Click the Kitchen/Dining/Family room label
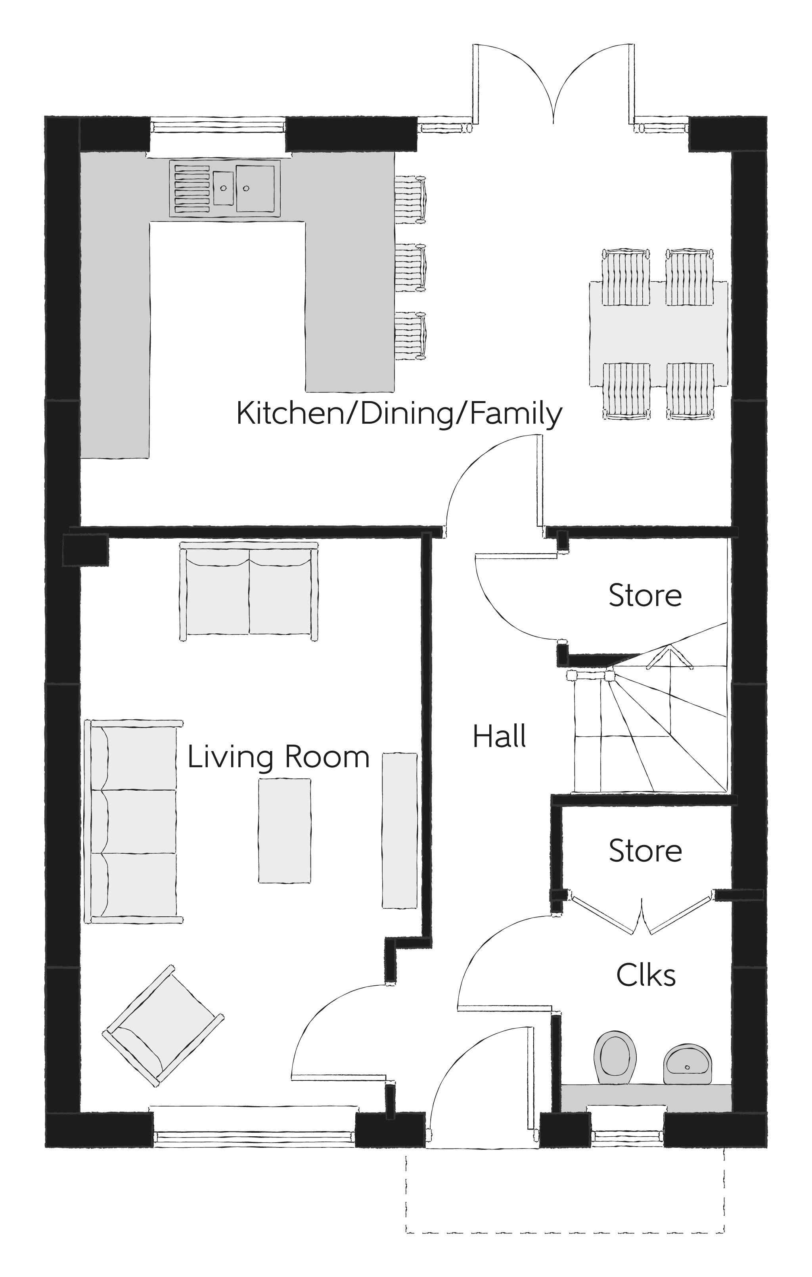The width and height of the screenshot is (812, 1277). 399,414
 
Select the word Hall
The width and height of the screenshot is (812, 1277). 499,737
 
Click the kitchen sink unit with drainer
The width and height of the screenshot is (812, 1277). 225,188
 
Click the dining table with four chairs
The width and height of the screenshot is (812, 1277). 658,334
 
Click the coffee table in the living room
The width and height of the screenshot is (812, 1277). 284,830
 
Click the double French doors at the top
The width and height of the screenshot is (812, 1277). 553,85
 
